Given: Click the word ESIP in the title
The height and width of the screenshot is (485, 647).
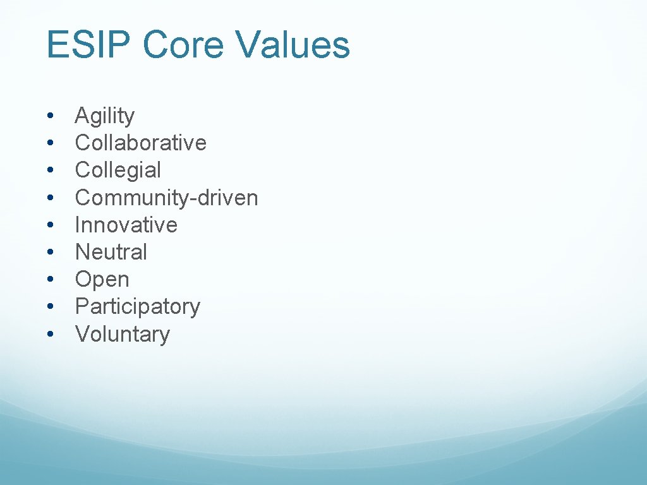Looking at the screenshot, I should (x=89, y=46).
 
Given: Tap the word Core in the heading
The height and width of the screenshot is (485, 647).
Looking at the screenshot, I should (x=183, y=46).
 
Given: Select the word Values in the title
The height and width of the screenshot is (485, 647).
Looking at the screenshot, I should (x=292, y=46).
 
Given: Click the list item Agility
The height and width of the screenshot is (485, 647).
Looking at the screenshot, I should (x=105, y=117).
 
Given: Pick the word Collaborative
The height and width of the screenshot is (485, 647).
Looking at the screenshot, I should (x=140, y=143).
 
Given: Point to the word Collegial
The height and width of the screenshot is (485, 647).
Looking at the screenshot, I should (x=118, y=171).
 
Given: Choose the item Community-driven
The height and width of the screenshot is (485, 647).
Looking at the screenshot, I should (x=166, y=198).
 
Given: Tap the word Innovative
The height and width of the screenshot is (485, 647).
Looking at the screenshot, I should (x=126, y=225).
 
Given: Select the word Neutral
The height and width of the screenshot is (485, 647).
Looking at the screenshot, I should (x=111, y=252).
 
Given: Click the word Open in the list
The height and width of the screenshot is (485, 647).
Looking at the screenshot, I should (x=102, y=280).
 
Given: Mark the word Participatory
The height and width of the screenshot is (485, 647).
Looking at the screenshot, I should (x=137, y=307).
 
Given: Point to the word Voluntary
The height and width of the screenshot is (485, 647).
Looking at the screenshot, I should (x=123, y=334).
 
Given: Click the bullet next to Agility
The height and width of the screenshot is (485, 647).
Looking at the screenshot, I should (x=50, y=117).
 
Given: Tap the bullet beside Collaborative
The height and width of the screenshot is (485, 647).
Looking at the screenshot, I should (x=50, y=143).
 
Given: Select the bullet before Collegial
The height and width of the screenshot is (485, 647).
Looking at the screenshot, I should (x=50, y=171).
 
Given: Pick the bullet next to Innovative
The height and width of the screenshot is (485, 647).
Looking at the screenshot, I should (x=50, y=225).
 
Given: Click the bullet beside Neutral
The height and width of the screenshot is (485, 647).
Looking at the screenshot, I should (x=50, y=253).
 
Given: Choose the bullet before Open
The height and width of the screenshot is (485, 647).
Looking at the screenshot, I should (x=50, y=280).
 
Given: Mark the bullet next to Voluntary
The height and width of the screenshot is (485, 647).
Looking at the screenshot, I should (x=50, y=334).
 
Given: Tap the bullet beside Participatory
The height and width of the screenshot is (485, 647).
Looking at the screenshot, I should (x=50, y=307).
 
